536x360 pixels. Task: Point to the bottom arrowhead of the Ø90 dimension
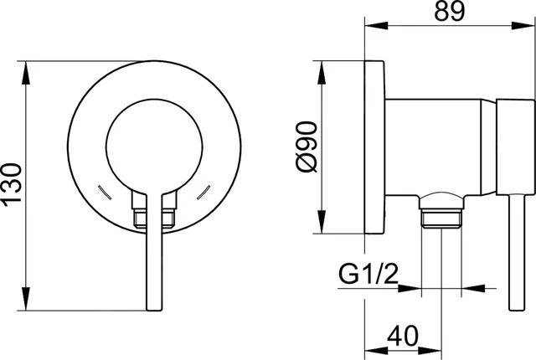321,227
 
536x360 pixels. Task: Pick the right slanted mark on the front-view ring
204,193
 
